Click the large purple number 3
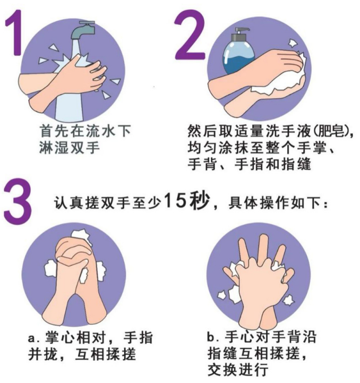tap(16, 200)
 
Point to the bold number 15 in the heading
tap(176, 201)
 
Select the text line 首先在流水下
tap(85, 130)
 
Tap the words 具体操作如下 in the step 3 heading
tap(278, 202)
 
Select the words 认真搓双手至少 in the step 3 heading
tap(106, 202)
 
